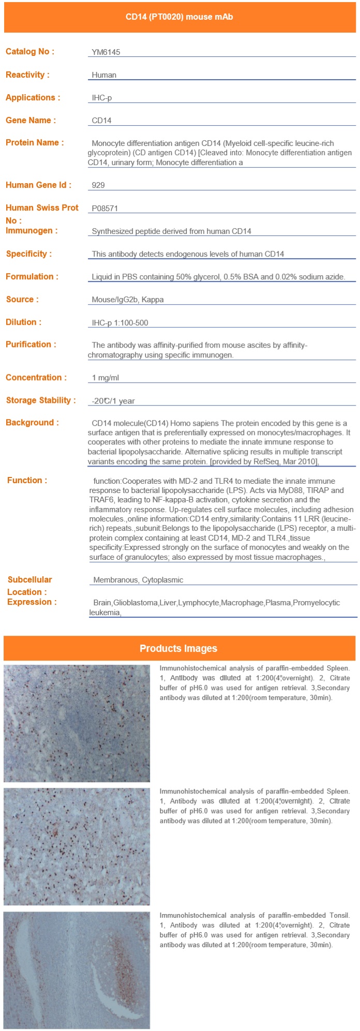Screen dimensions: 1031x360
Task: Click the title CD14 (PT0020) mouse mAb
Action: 179,17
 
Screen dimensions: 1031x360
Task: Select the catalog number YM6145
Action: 106,52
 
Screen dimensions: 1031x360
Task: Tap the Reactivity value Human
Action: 104,75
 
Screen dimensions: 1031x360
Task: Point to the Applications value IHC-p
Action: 102,98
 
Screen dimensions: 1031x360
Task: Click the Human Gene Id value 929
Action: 98,185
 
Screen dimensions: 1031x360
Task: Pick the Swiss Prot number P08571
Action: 105,208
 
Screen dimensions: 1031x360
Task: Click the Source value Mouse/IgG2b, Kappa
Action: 128,300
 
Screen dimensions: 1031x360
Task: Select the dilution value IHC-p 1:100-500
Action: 120,323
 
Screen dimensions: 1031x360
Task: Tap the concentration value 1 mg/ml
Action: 106,378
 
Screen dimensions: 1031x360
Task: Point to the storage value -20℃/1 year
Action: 113,401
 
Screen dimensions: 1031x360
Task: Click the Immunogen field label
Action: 32,231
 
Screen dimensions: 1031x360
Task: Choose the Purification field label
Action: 31,345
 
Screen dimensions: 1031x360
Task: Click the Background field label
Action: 32,423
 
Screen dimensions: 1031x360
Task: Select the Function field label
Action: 27,481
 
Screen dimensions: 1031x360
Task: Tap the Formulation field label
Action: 32,277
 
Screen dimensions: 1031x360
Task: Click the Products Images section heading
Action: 178,649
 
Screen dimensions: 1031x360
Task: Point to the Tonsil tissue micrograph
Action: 77,970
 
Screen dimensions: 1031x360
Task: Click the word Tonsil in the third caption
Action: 339,915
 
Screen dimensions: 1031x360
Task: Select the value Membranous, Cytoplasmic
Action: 138,580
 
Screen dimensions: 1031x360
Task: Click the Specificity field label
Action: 29,254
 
